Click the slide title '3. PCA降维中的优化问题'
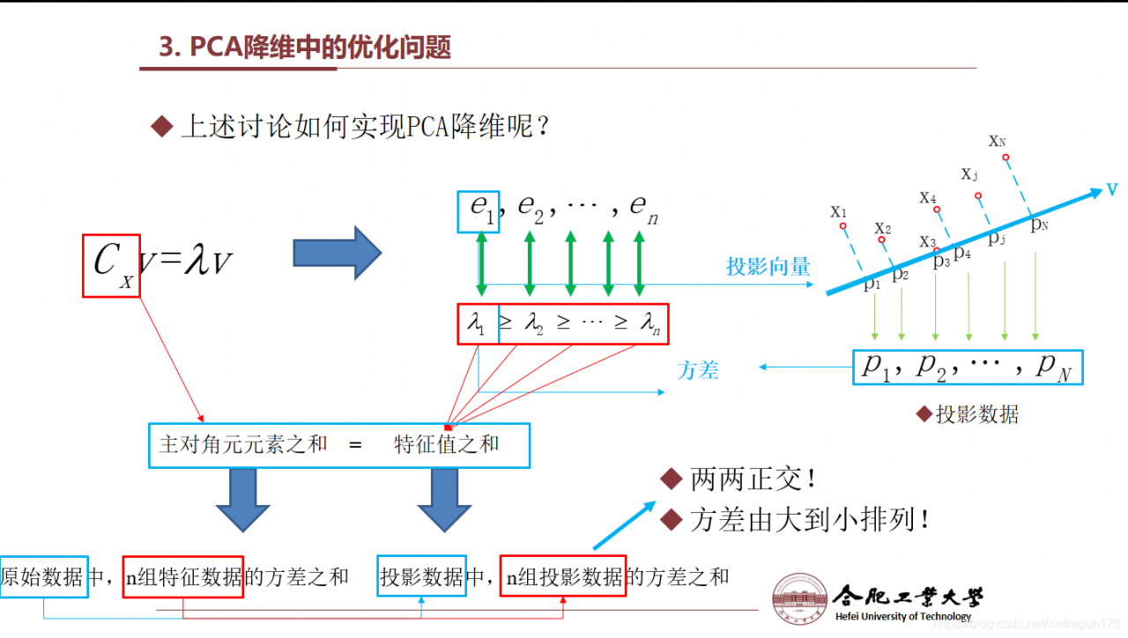(304, 47)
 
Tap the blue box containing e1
(479, 211)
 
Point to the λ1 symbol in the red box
(477, 325)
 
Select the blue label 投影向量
(768, 267)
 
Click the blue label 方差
(698, 370)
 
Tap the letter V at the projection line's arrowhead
(1113, 190)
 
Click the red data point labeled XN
(1006, 158)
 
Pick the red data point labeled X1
(843, 226)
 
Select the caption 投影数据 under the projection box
(976, 414)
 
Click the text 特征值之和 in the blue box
(446, 444)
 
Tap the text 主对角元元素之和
(242, 444)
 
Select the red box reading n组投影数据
(563, 577)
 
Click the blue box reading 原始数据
(43, 577)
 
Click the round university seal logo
(800, 601)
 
